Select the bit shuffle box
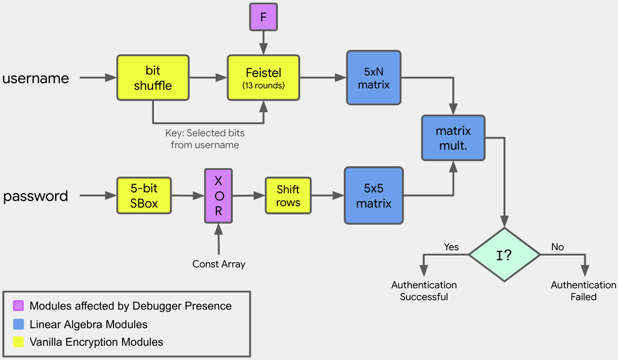click(x=153, y=78)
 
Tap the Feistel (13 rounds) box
click(x=263, y=78)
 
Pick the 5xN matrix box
click(x=374, y=78)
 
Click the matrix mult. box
click(x=453, y=138)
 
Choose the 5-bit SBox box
click(x=144, y=196)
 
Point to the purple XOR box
click(x=219, y=196)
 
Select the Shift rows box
click(x=288, y=196)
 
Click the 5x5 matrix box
click(x=374, y=196)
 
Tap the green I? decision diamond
click(x=504, y=255)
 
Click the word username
click(x=36, y=78)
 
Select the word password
click(x=36, y=196)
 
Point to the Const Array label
click(x=219, y=264)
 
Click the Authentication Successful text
click(x=424, y=291)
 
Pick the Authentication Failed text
click(x=583, y=291)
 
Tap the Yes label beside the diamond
click(x=451, y=247)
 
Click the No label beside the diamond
click(x=557, y=247)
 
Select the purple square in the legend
click(x=19, y=306)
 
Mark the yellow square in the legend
click(x=19, y=342)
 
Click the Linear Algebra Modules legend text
click(x=88, y=325)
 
